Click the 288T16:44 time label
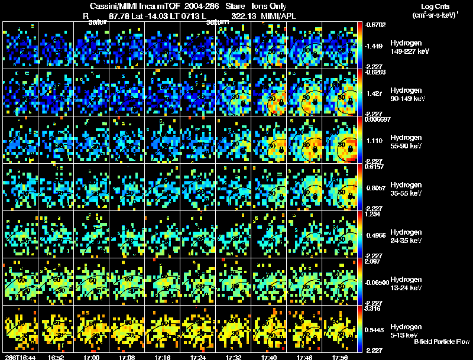coord(20,357)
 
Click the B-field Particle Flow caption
coord(441,342)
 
